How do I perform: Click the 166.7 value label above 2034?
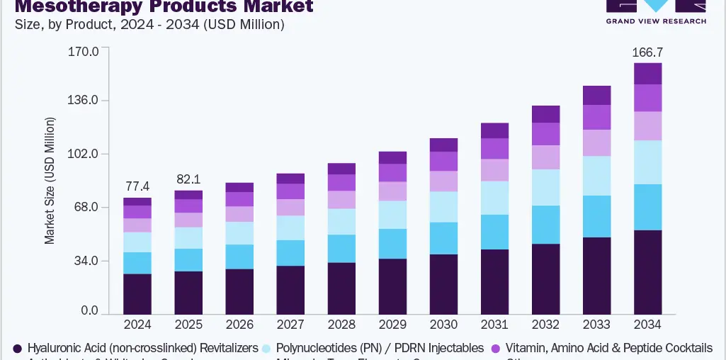pyautogui.click(x=647, y=52)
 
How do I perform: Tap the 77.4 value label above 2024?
pyautogui.click(x=137, y=187)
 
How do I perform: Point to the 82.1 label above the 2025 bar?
pyautogui.click(x=188, y=180)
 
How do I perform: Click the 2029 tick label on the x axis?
pyautogui.click(x=392, y=325)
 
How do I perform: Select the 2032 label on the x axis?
pyautogui.click(x=545, y=325)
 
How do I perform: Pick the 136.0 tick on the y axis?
pyautogui.click(x=83, y=100)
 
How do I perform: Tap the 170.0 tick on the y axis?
pyautogui.click(x=83, y=52)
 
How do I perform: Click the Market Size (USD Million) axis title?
pyautogui.click(x=50, y=181)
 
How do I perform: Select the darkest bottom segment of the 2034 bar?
pyautogui.click(x=647, y=272)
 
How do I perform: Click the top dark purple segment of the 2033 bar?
pyautogui.click(x=596, y=95)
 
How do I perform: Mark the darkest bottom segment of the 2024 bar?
pyautogui.click(x=137, y=293)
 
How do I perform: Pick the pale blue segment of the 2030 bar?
pyautogui.click(x=443, y=206)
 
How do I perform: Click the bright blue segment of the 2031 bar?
pyautogui.click(x=494, y=232)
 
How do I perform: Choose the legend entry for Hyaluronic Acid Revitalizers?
pyautogui.click(x=142, y=348)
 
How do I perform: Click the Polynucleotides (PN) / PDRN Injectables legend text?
pyautogui.click(x=380, y=348)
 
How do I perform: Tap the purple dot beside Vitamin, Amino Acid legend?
pyautogui.click(x=495, y=348)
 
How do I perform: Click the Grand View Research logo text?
pyautogui.click(x=656, y=21)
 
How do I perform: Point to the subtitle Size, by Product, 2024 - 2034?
pyautogui.click(x=149, y=25)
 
